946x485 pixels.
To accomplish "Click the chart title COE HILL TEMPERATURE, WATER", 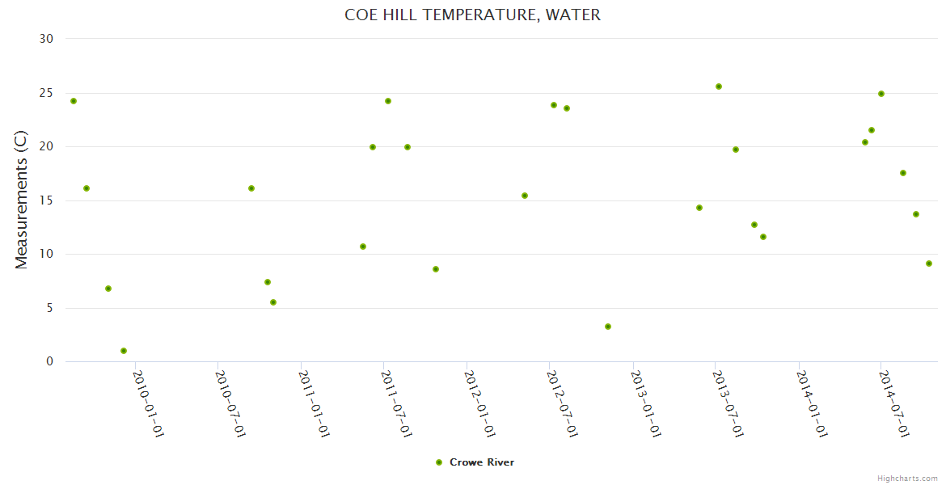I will [472, 15].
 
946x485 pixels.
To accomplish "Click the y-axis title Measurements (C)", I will [22, 200].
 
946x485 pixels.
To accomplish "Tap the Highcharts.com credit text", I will [907, 478].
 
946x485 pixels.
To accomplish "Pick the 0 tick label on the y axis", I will [49, 362].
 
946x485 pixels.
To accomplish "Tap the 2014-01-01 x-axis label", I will [812, 403].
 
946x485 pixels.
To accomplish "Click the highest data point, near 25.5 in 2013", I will [719, 86].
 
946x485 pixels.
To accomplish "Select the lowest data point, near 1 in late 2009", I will [124, 351].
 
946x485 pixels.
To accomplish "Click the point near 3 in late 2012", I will [608, 327].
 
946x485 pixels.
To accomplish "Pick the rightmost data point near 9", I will [929, 264].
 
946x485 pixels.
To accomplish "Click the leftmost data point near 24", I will [74, 101].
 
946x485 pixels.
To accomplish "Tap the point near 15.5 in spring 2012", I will [525, 196].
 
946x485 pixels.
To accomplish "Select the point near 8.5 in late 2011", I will [436, 269].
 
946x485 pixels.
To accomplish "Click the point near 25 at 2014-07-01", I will [881, 94].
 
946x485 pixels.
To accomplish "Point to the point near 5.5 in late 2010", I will [273, 302].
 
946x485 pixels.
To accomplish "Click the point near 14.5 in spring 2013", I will [699, 208].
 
